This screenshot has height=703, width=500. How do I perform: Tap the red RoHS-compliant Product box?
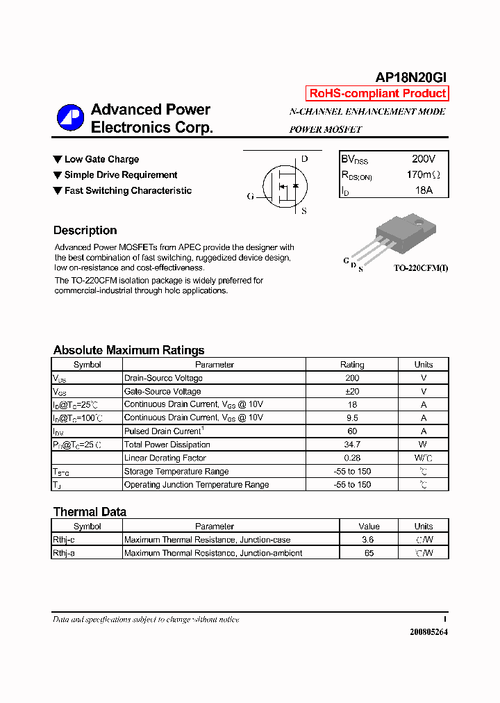(377, 94)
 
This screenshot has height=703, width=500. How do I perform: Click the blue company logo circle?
(70, 118)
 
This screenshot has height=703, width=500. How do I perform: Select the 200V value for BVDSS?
(424, 159)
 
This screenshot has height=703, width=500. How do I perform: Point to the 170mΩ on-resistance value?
(423, 175)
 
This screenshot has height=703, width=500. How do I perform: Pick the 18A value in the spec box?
(424, 190)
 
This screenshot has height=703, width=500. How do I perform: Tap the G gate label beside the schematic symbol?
(251, 197)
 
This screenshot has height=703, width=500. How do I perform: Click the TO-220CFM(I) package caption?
(421, 267)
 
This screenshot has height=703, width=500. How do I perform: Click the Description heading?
(85, 231)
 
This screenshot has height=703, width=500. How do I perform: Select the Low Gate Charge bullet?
(101, 160)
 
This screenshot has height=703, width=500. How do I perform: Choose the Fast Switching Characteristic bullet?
(128, 191)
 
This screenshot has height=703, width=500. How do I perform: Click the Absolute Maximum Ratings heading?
(128, 350)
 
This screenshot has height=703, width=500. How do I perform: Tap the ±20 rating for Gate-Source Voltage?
(352, 392)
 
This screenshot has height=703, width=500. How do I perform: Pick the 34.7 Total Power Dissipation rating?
(352, 445)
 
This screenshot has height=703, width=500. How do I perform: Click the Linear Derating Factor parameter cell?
(165, 458)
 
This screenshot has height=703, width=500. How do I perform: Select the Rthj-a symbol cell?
(64, 553)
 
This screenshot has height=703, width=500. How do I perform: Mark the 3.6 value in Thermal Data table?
(369, 540)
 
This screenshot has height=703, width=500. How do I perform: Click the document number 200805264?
(428, 632)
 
